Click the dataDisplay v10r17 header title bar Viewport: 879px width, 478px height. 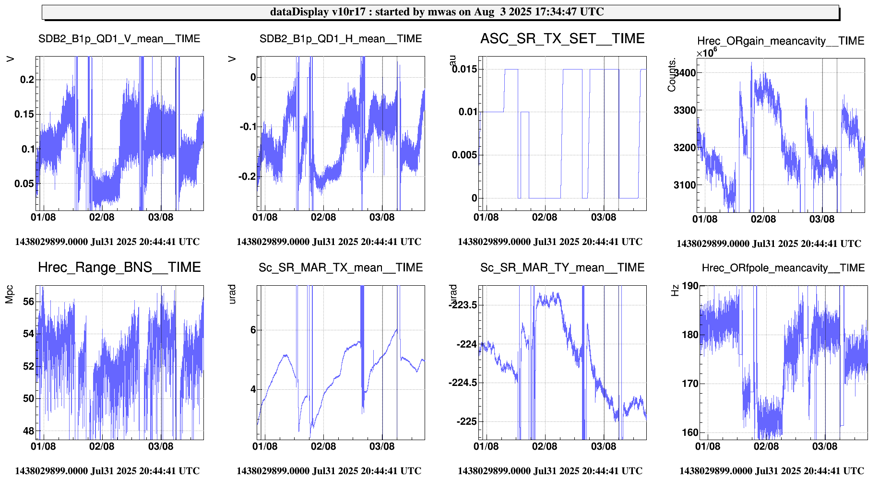(440, 12)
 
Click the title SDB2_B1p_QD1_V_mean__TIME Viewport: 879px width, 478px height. (119, 39)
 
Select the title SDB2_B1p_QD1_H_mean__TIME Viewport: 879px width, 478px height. (341, 39)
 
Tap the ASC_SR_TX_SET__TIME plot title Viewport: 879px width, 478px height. (562, 38)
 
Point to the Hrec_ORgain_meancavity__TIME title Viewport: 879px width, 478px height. (781, 41)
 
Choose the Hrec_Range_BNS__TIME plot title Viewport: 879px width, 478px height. (119, 267)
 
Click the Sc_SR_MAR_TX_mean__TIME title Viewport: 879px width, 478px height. (341, 268)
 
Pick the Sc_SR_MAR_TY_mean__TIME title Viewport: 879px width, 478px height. (562, 268)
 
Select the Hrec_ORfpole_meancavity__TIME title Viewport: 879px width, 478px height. (783, 268)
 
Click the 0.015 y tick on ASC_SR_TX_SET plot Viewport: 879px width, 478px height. (464, 69)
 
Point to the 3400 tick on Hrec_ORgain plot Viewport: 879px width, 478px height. (685, 73)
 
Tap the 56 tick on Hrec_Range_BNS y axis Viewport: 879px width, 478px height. (29, 302)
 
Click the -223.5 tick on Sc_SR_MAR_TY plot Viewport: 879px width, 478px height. (463, 305)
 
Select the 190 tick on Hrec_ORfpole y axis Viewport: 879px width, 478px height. (690, 286)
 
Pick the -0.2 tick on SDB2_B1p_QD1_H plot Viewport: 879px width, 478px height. (248, 176)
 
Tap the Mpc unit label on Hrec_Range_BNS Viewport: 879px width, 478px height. (9, 294)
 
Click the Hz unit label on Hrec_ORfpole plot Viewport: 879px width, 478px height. (675, 291)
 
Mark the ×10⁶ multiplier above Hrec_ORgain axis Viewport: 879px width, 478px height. (707, 52)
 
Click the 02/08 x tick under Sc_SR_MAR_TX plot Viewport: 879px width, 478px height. (323, 446)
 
